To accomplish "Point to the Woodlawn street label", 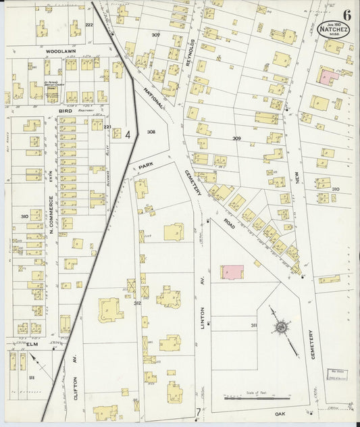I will click(x=59, y=51).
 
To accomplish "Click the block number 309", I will click(x=236, y=138).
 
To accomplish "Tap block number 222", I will click(x=88, y=24).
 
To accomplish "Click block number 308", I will click(x=151, y=132).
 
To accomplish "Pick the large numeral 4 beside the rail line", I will click(x=128, y=134).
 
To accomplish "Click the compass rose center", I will click(x=279, y=328).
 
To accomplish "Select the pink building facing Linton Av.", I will click(x=232, y=271).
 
